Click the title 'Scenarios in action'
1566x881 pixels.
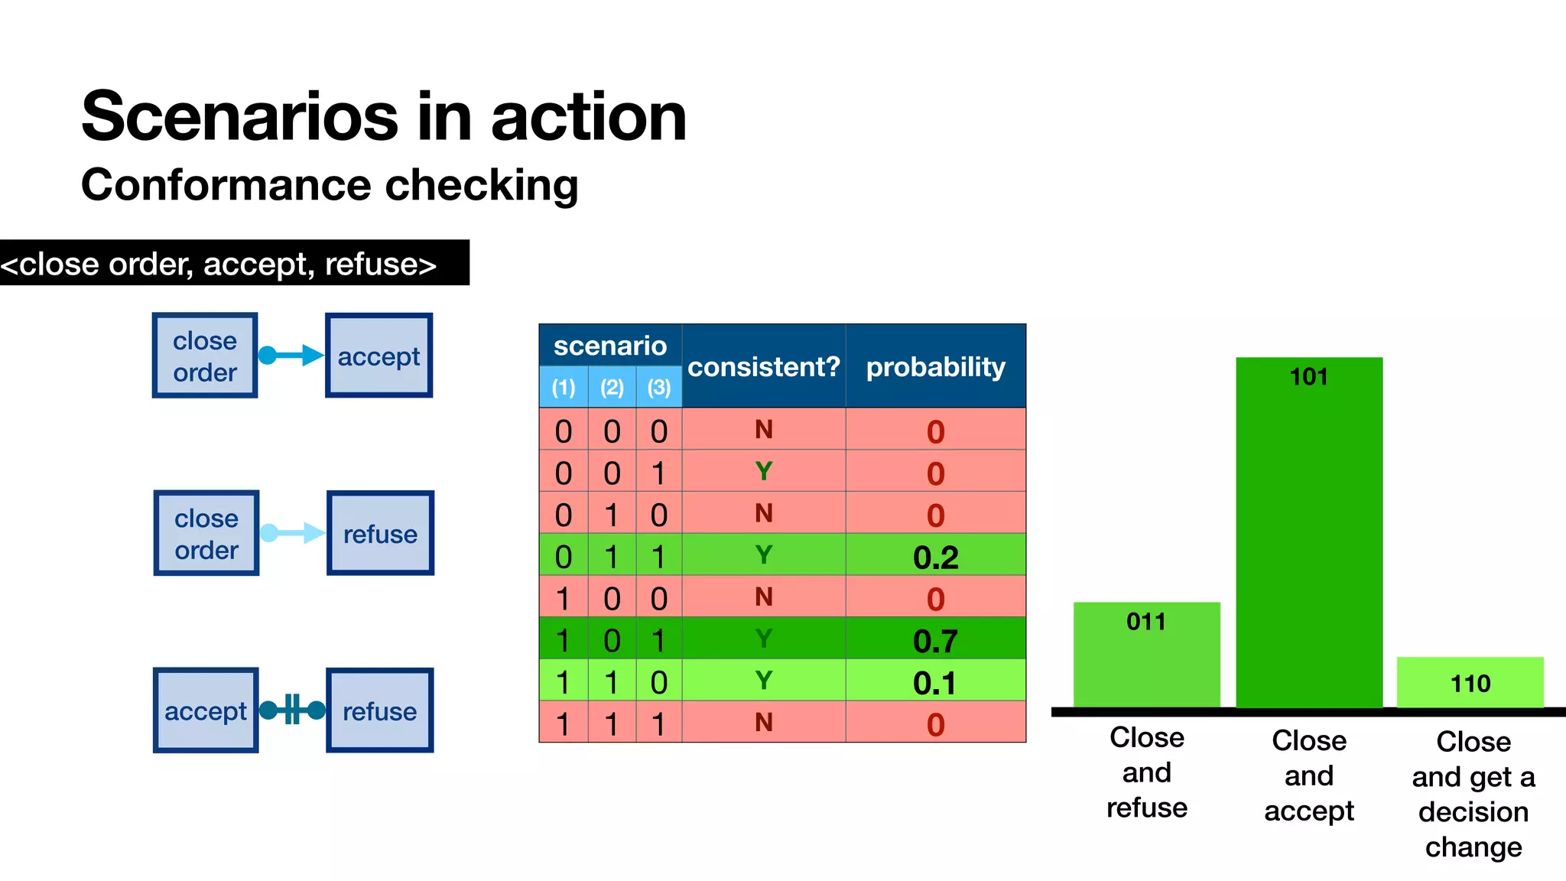pyautogui.click(x=384, y=116)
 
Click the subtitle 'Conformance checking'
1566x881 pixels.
pyautogui.click(x=330, y=186)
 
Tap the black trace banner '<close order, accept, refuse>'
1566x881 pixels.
pyautogui.click(x=229, y=263)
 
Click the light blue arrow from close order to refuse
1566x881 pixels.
pyautogui.click(x=293, y=533)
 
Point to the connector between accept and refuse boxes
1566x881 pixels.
pyautogui.click(x=292, y=710)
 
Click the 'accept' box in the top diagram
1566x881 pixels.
pyautogui.click(x=379, y=356)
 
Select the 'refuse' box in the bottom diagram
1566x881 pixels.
pyautogui.click(x=380, y=710)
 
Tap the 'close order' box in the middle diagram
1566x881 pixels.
pyautogui.click(x=206, y=533)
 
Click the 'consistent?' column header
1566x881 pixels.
pyautogui.click(x=763, y=366)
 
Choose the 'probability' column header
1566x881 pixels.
pyautogui.click(x=935, y=366)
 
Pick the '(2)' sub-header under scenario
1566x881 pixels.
pyautogui.click(x=612, y=387)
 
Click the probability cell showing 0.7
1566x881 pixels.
pyautogui.click(x=935, y=640)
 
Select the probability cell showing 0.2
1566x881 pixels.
pyautogui.click(x=935, y=556)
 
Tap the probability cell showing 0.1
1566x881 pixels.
pyautogui.click(x=935, y=682)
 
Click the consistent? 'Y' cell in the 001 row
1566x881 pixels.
pyautogui.click(x=763, y=471)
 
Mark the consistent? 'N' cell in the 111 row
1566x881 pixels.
pyautogui.click(x=763, y=722)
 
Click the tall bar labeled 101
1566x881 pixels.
pyautogui.click(x=1308, y=535)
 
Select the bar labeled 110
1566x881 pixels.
pyautogui.click(x=1470, y=682)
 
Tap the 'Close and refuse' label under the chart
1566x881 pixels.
pyautogui.click(x=1146, y=772)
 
